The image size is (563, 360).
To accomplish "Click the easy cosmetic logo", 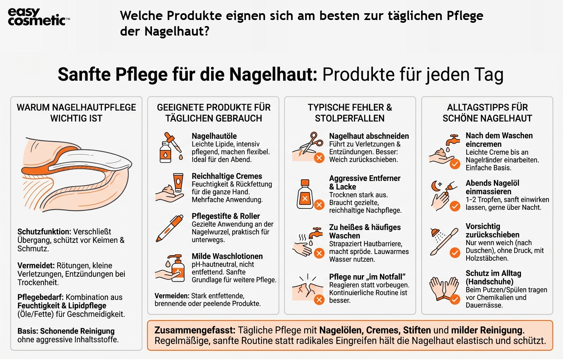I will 38,17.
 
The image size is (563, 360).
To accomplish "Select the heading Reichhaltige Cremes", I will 227,176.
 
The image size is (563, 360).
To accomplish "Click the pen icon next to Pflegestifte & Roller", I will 170,228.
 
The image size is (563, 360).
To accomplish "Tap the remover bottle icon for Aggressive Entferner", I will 305,194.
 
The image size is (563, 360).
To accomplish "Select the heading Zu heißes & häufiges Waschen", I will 365,231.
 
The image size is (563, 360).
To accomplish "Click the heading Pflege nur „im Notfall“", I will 367,277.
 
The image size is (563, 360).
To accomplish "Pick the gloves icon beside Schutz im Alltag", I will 443,288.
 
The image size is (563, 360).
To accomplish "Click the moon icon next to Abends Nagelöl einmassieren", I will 435,186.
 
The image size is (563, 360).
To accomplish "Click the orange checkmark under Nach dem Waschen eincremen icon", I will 455,164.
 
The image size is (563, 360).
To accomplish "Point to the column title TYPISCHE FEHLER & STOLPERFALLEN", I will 350,113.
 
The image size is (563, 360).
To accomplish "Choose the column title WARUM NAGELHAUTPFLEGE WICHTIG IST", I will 76,113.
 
